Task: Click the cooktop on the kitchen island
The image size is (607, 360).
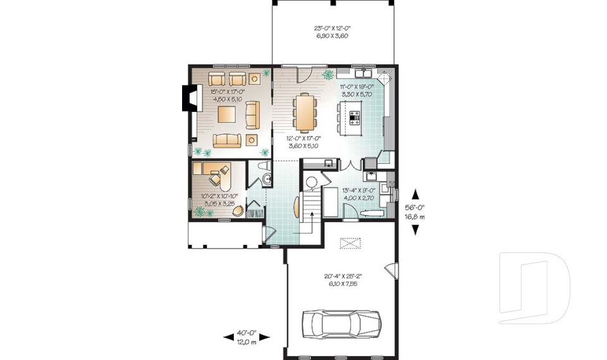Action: (x=354, y=117)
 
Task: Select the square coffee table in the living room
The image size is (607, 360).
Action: (x=226, y=114)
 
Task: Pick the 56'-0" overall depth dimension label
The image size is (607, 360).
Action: (x=415, y=211)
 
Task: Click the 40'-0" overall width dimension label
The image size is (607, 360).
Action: (x=247, y=338)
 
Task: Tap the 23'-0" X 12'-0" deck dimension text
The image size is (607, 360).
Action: (x=332, y=32)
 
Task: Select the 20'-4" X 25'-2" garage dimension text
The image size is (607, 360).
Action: (x=342, y=280)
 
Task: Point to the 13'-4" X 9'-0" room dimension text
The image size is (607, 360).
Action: (x=359, y=194)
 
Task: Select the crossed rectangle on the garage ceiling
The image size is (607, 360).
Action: (x=349, y=244)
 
